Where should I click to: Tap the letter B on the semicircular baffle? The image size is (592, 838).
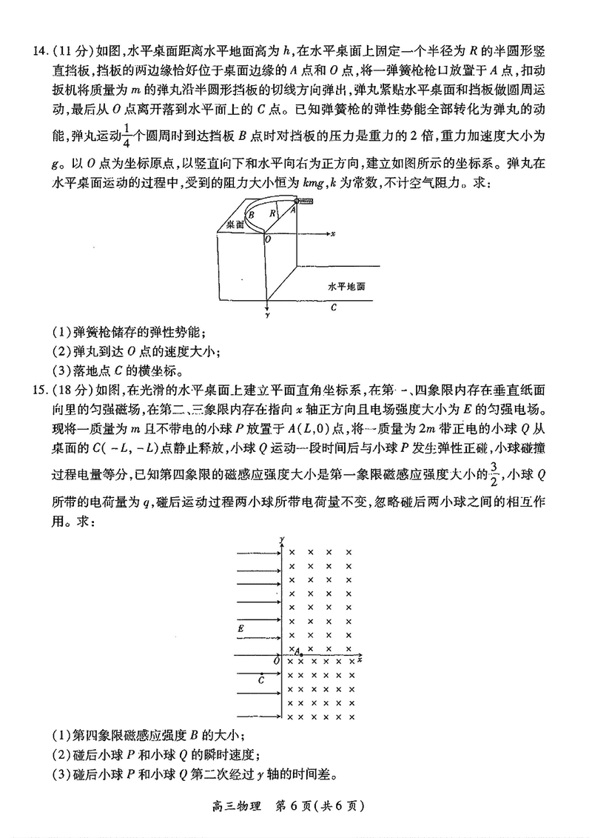[252, 214]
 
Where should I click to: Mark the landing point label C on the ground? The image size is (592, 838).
[334, 305]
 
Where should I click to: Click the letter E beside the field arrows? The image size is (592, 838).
[240, 628]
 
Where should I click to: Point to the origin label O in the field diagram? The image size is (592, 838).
[276, 660]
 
